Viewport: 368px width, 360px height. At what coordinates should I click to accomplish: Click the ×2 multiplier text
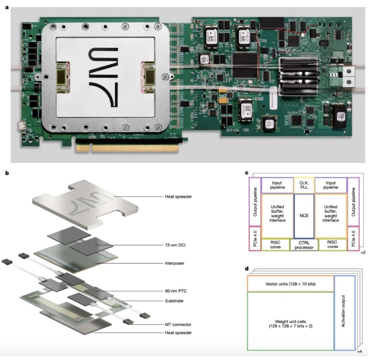coord(362,253)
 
